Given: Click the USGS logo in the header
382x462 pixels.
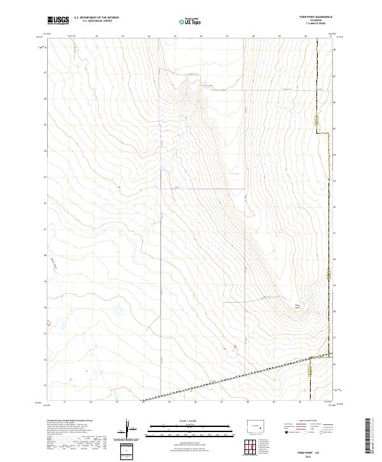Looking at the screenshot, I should [57, 20].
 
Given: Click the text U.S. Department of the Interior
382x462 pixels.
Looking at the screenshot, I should [96, 18].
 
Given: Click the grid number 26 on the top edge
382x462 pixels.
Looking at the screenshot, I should [201, 37].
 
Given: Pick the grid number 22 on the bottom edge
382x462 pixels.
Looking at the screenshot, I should [91, 402].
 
